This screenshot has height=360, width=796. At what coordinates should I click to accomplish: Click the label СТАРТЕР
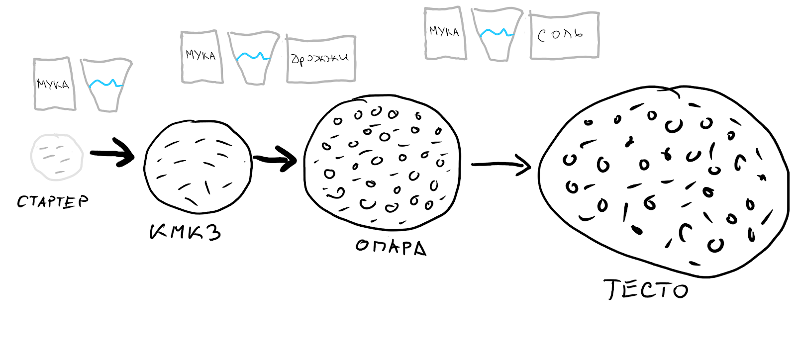click(x=53, y=201)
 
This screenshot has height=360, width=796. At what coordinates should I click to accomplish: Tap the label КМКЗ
click(x=185, y=232)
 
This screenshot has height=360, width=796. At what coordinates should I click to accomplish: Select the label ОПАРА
click(x=391, y=247)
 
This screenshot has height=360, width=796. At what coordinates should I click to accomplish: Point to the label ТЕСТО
click(x=646, y=289)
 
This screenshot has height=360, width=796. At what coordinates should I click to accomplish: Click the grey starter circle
click(x=57, y=157)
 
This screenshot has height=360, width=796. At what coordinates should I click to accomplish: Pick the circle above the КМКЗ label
click(x=198, y=167)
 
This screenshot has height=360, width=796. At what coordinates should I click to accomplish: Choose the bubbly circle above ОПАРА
click(x=382, y=162)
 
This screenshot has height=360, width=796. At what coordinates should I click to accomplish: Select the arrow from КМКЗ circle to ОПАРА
click(x=275, y=160)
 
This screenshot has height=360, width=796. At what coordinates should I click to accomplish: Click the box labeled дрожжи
click(x=321, y=59)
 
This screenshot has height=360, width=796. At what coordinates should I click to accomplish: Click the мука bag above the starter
click(x=54, y=84)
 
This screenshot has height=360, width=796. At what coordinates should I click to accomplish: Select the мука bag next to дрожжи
click(x=201, y=56)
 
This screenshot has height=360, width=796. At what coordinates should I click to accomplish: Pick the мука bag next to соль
click(x=445, y=33)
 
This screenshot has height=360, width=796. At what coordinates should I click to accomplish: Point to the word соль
click(x=560, y=35)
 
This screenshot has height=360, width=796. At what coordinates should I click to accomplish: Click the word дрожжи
click(x=319, y=59)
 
